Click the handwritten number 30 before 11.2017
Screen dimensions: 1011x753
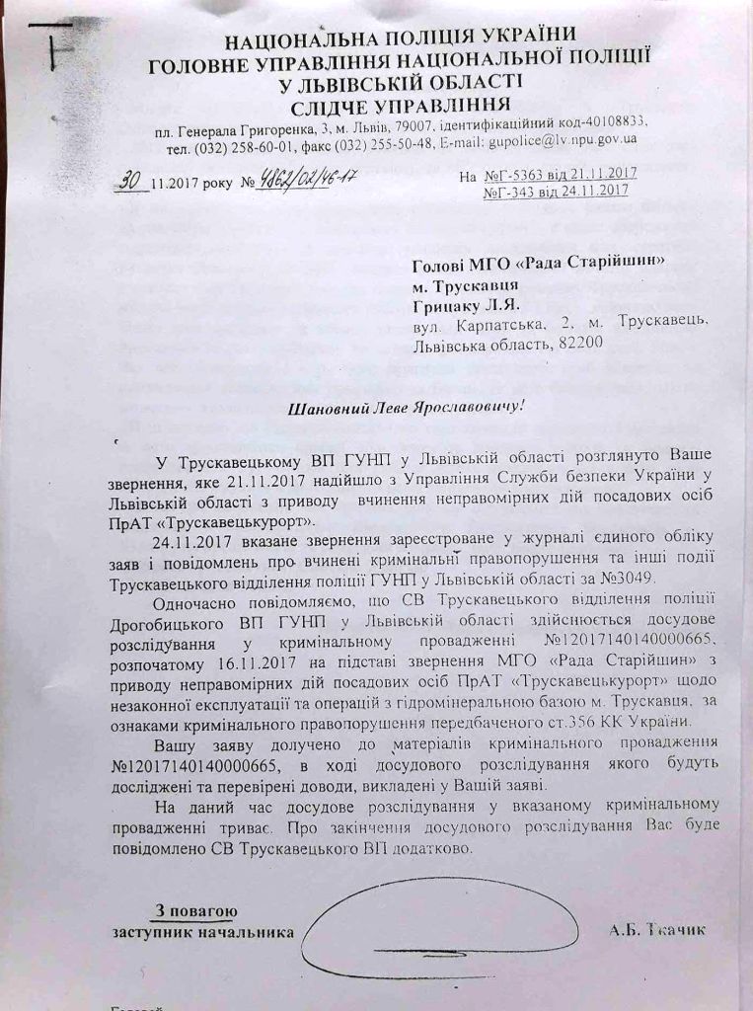point(126,181)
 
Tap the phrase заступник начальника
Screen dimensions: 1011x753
point(202,931)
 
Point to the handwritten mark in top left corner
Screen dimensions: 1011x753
point(49,44)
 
